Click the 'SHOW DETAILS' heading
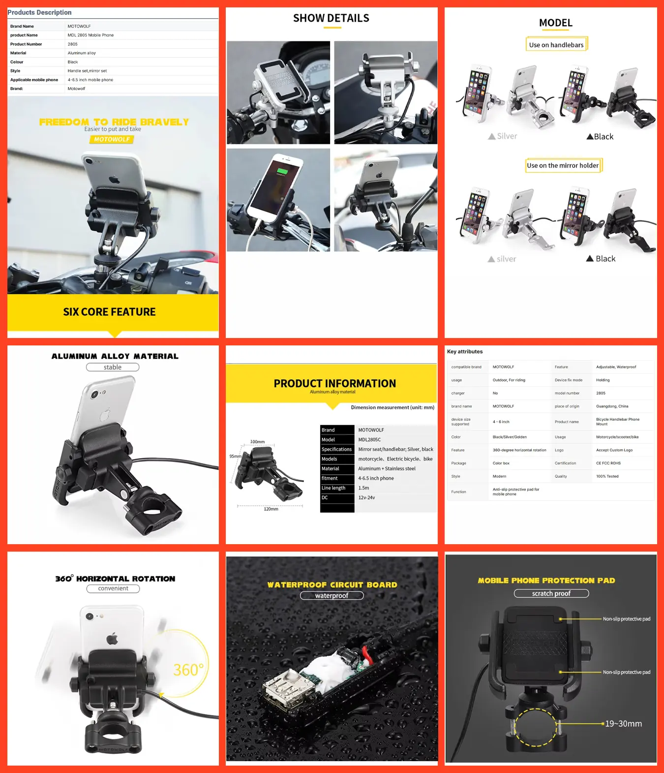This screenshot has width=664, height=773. pos(331,18)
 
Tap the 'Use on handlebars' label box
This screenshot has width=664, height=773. pos(556,44)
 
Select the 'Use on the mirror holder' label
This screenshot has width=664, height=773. pos(563,165)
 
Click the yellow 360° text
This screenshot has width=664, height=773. pos(188,670)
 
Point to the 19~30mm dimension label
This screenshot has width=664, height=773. pos(623,724)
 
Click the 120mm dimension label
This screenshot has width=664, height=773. pos(271,509)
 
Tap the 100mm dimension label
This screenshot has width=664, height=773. pos(257,442)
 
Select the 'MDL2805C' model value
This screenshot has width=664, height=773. pos(369,439)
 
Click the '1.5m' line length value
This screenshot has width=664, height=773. pos(363,488)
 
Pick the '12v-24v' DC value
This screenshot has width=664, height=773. pos(366,497)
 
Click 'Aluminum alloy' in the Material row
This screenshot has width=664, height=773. pos(82,53)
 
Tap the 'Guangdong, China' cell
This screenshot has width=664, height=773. pos(612,406)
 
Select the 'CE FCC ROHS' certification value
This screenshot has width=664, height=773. pos(608,463)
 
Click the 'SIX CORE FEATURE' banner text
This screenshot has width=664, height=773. pos(109,312)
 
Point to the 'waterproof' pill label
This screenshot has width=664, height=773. pos(332,595)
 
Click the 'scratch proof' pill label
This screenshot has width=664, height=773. pos(551,593)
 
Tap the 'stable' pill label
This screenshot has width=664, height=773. pos(113,367)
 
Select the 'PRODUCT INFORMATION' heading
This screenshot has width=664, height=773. pos(334,383)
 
